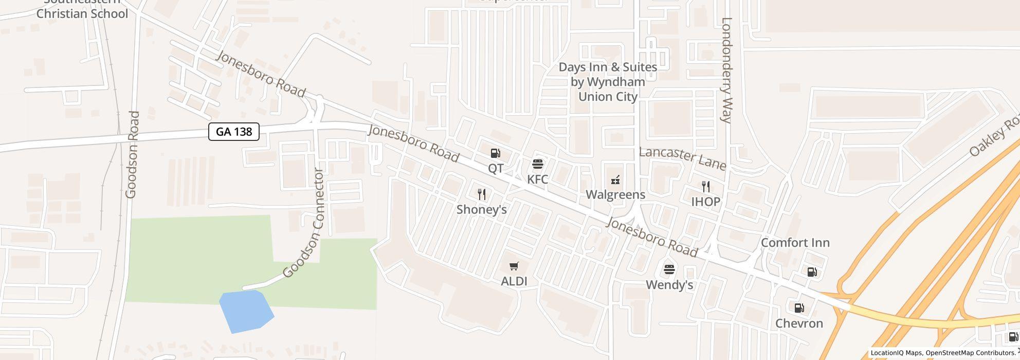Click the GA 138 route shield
coord(234,132)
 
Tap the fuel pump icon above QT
coord(495,153)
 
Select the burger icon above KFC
coord(538,164)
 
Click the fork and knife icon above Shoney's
coord(482,194)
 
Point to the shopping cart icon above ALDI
coord(514,266)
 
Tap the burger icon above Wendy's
coord(669,269)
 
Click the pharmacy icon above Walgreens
coord(615,179)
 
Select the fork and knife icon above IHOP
coord(706,187)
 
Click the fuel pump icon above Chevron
coord(799,308)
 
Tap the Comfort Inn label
coord(795,243)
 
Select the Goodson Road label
coord(132,154)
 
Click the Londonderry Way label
coord(726,70)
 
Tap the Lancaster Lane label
coord(682,158)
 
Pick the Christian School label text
coord(82,13)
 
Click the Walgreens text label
coord(615,194)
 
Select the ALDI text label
coord(514,281)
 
